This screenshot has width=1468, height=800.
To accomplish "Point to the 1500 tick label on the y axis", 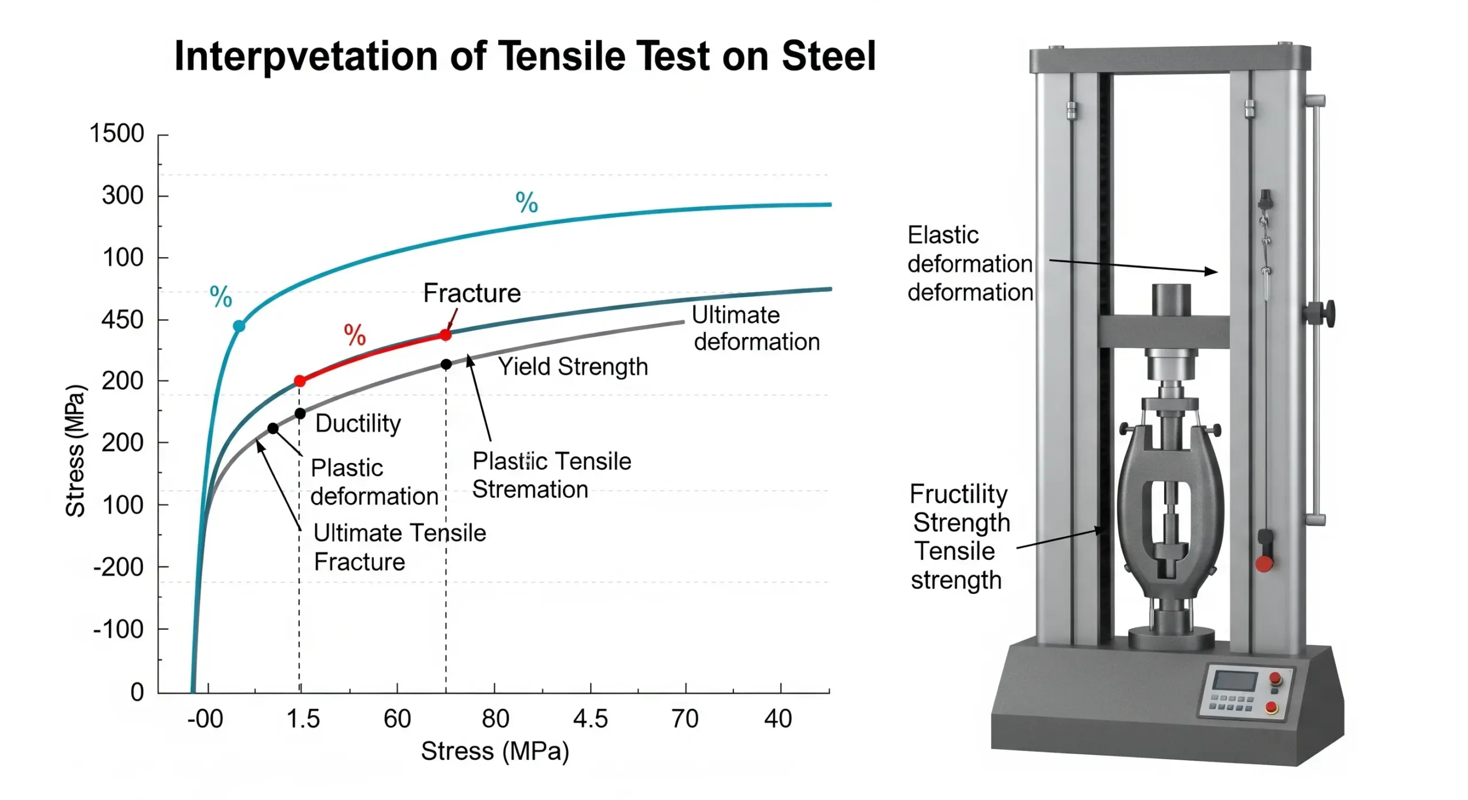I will (116, 134).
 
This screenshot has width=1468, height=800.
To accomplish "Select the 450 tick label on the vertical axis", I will (122, 320).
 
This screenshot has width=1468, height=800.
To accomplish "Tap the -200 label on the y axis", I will (118, 567).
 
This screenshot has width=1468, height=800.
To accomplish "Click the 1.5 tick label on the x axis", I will (303, 719).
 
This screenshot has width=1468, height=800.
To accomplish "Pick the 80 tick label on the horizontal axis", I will (495, 719).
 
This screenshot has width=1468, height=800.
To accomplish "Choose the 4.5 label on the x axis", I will (590, 719).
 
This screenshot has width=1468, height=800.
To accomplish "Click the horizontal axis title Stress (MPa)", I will (495, 751).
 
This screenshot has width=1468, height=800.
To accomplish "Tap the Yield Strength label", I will (572, 367).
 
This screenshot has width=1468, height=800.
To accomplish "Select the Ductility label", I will (358, 423).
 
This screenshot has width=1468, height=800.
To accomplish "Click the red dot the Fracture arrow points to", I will (446, 335).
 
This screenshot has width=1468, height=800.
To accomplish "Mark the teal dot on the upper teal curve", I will (239, 326).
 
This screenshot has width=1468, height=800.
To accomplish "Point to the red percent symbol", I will (354, 335).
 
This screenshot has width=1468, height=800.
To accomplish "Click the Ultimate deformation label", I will (756, 328).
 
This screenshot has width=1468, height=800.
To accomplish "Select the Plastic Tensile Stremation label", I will (551, 475).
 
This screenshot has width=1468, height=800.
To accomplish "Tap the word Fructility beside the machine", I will (958, 494).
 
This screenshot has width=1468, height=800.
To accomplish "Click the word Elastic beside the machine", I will (943, 235).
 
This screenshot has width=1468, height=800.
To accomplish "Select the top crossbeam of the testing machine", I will (1170, 60).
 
